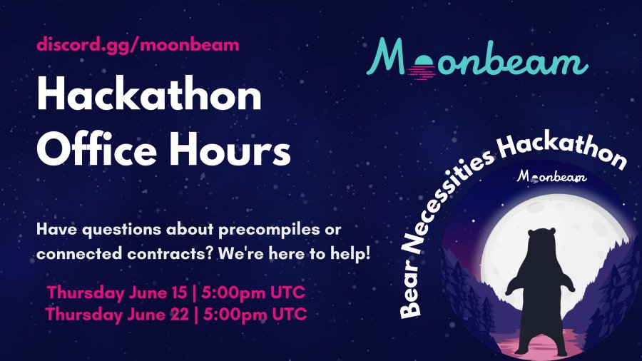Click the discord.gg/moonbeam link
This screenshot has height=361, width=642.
[x=138, y=45]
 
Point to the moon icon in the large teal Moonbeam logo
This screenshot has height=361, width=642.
[x=422, y=67]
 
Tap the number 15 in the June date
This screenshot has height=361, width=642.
[x=178, y=293]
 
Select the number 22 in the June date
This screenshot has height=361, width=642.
[x=179, y=315]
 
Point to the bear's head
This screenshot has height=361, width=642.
[x=541, y=238]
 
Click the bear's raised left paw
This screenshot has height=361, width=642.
[x=510, y=288]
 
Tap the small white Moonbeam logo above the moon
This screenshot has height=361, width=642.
[x=551, y=177]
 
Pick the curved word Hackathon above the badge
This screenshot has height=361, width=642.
[x=562, y=148]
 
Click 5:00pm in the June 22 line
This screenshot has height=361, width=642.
[x=235, y=315]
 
